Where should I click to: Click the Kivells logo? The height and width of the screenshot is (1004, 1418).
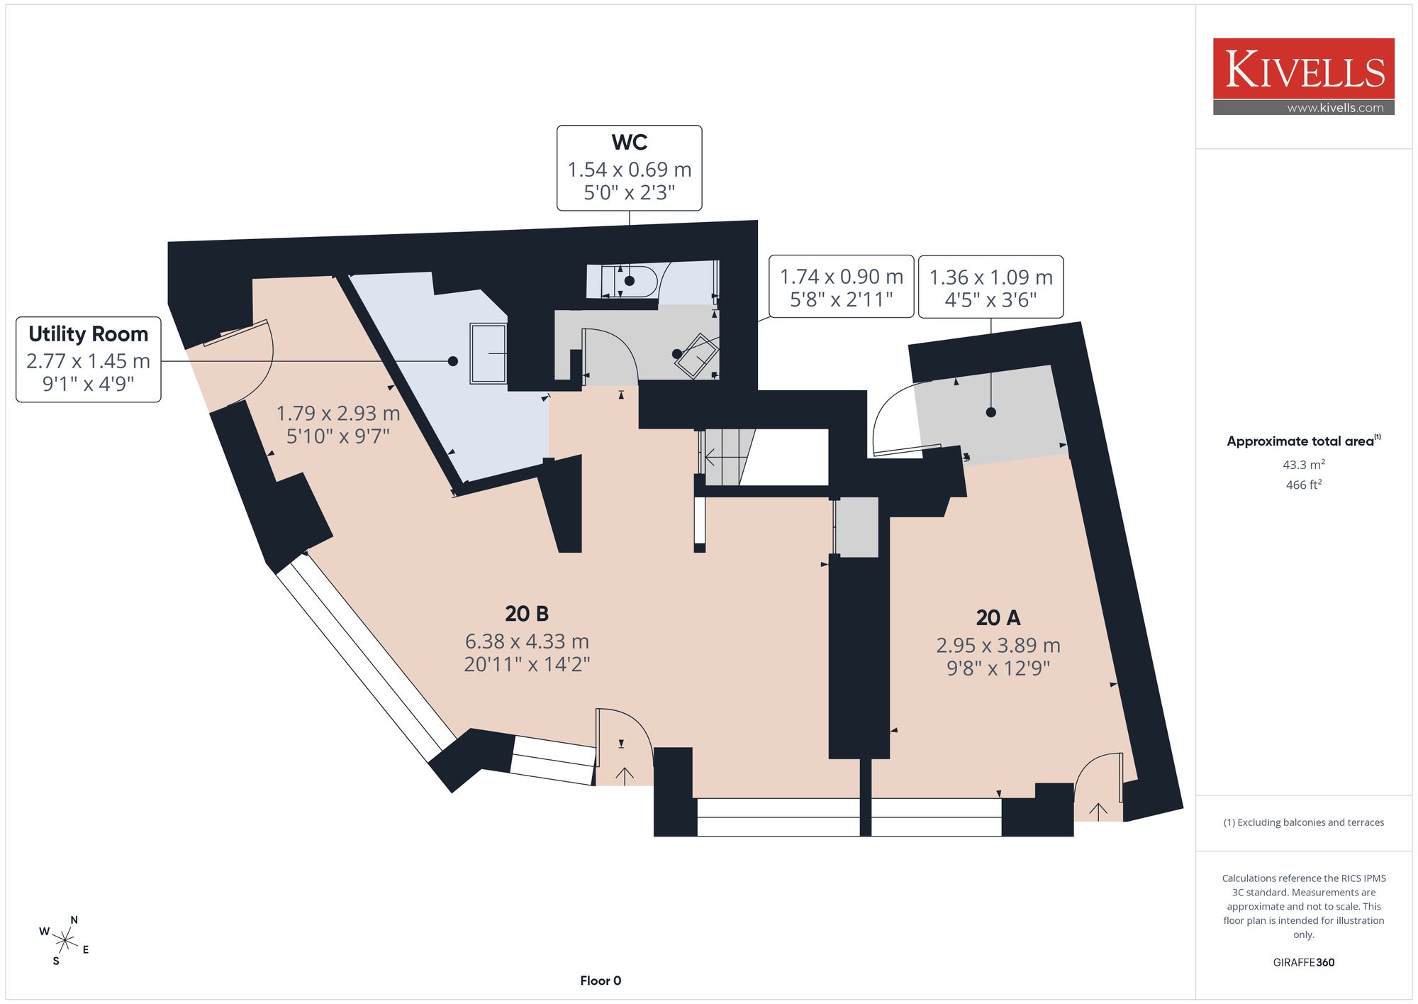(x=1303, y=76)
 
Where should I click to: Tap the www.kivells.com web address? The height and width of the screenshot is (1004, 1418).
(x=1335, y=108)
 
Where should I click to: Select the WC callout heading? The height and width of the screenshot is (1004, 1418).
(x=630, y=142)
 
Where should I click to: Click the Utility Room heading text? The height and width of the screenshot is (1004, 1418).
(x=89, y=333)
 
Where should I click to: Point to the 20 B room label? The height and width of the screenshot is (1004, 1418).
(x=527, y=613)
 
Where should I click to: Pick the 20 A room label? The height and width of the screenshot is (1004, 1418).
(x=998, y=617)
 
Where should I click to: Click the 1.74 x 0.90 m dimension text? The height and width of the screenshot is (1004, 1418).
(x=842, y=277)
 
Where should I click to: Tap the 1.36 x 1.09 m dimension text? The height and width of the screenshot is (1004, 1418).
(x=991, y=277)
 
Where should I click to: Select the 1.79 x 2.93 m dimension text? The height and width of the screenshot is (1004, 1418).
(x=338, y=413)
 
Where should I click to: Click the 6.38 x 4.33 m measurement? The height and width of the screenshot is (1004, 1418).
(x=527, y=641)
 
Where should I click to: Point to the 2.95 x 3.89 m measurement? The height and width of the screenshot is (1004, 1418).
(x=998, y=646)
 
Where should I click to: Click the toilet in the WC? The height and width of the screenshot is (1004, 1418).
(x=630, y=282)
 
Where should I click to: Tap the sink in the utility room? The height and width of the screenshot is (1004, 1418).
(x=489, y=353)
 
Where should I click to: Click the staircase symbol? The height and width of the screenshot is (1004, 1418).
(x=724, y=457)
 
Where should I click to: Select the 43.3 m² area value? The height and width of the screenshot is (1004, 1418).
(x=1304, y=465)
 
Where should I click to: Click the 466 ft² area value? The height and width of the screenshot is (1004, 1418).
(x=1304, y=485)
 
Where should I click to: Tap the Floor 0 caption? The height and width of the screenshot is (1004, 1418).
(x=601, y=981)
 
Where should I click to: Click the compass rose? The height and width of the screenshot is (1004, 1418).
(x=65, y=941)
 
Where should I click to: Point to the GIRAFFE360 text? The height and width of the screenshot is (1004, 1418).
(x=1304, y=963)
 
